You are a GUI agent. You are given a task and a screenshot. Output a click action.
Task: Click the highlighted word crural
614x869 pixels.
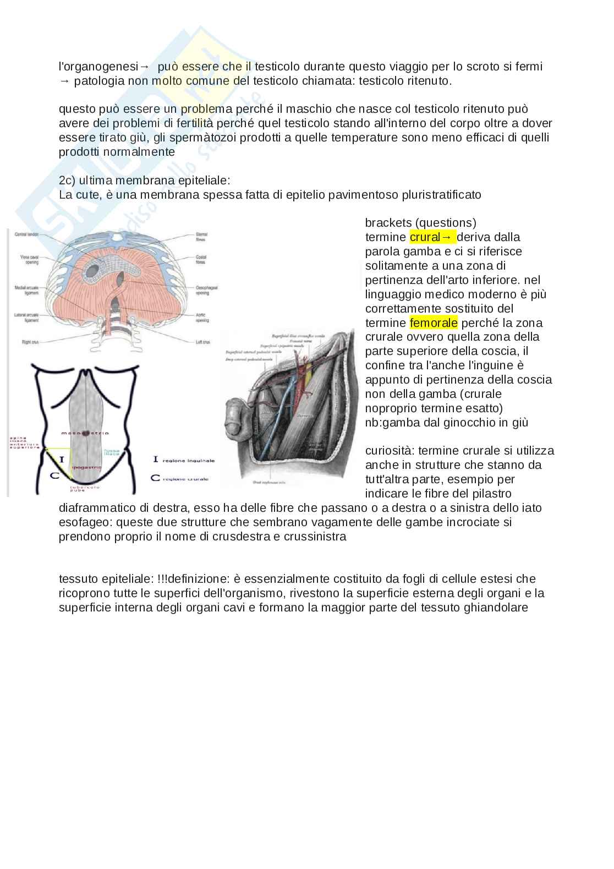[x=425, y=237]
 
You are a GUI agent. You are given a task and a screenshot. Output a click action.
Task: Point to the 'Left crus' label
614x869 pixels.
[x=202, y=342]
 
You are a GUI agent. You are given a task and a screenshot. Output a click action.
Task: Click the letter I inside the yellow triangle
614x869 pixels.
[x=61, y=458]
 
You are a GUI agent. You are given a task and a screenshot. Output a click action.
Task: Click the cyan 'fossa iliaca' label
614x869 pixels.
[x=112, y=451]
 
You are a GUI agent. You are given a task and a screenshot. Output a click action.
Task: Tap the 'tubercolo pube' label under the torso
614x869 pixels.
[x=81, y=488]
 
